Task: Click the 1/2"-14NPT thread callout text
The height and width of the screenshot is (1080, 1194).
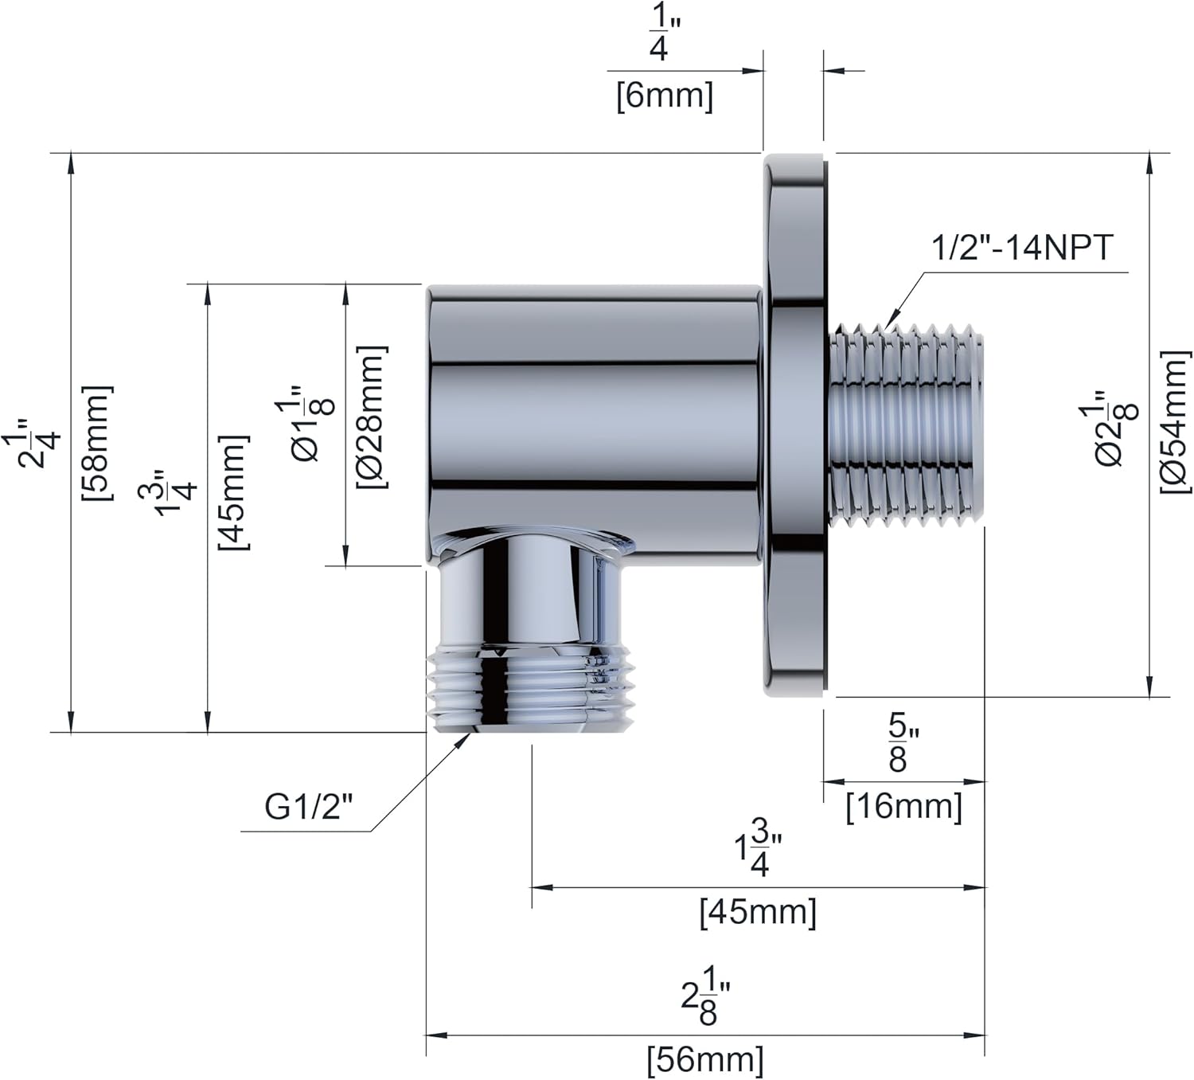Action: [x=1021, y=248]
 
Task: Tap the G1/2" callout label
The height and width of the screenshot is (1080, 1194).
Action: [x=308, y=808]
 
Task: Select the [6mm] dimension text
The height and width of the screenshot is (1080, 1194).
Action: [x=665, y=96]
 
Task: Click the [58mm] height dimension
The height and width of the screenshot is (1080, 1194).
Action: [x=97, y=442]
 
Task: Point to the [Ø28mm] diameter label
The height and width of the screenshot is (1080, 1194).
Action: [x=372, y=417]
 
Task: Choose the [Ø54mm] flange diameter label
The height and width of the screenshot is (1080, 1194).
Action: [x=1175, y=422]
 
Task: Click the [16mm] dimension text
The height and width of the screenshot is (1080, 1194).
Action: [x=903, y=807]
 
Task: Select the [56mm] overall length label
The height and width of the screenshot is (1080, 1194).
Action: [x=705, y=1060]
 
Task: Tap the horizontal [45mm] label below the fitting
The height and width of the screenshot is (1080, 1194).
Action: [x=758, y=911]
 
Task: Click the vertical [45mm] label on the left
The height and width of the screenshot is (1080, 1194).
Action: [x=233, y=492]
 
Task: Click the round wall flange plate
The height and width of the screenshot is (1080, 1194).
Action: [x=794, y=426]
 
